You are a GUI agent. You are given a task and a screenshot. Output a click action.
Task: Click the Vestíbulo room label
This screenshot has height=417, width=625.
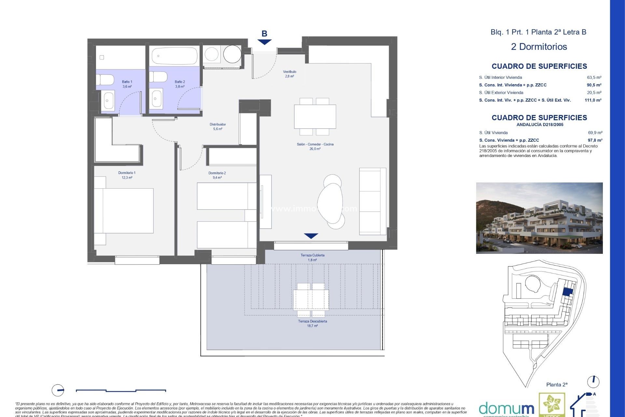point(289,74)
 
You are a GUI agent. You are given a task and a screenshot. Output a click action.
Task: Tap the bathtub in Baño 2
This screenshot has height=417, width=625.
point(175,56)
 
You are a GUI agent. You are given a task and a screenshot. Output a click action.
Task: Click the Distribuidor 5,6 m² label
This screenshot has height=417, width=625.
point(217,126)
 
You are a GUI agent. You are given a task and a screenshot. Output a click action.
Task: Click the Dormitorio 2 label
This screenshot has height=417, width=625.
point(217,175)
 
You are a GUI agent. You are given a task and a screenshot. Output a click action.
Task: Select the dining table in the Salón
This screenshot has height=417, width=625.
point(315,117)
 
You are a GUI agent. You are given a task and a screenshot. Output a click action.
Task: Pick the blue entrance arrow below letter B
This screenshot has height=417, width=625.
point(264,42)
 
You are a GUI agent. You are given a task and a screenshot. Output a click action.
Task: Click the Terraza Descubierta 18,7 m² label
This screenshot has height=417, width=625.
point(312,323)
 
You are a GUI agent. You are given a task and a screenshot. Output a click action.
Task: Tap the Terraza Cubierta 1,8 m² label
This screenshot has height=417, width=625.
point(312,257)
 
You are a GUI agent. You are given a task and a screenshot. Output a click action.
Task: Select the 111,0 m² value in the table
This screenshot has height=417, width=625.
point(593,100)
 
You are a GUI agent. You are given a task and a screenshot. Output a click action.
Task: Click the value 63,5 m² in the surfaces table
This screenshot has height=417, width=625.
point(594,77)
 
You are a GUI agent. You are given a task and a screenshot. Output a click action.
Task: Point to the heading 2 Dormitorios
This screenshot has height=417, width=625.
point(539,47)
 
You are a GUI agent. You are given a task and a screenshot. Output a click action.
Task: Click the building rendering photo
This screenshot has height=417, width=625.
point(539,218)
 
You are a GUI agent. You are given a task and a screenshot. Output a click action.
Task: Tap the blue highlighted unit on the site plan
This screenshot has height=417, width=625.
point(567,292)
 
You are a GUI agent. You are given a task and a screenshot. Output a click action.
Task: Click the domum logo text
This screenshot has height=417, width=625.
point(506,409)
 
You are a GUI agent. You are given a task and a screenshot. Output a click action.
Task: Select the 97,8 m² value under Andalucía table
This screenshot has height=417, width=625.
point(595,140)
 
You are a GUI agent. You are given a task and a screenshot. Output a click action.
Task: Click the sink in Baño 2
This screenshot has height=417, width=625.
point(157,98)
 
